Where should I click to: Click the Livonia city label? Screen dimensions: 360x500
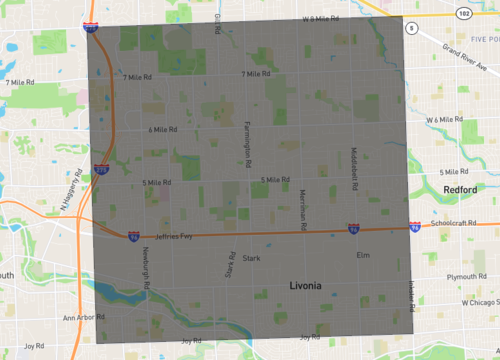[306, 286]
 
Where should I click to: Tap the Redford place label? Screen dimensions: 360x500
[460, 189]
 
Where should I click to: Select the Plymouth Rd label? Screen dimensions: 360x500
[466, 276]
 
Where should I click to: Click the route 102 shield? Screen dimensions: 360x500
[464, 14]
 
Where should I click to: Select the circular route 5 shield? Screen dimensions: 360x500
[411, 29]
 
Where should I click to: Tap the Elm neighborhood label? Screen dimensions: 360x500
[363, 255]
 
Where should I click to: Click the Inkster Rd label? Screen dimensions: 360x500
[410, 294]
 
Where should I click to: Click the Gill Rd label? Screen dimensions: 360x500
[217, 23]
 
